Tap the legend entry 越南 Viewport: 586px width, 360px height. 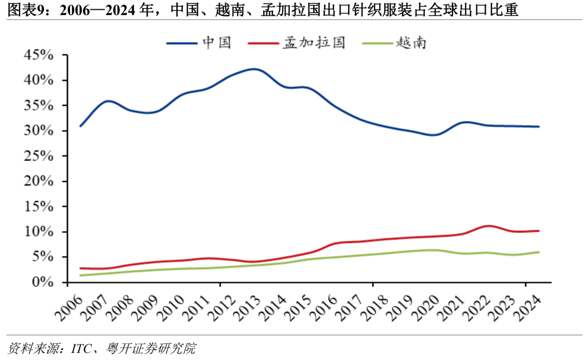click(411, 43)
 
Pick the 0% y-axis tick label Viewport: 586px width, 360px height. click(43, 282)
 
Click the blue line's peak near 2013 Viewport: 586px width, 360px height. click(254, 69)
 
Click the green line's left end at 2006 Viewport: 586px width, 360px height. click(81, 275)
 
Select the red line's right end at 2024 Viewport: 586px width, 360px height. click(538, 231)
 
